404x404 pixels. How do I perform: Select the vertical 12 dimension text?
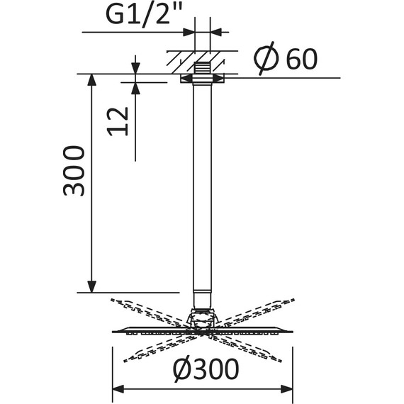(x=120, y=120)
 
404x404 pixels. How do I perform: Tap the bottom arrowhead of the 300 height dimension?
(x=91, y=286)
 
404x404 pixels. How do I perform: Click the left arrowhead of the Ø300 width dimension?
(x=118, y=388)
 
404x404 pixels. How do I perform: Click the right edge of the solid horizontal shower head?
(x=293, y=330)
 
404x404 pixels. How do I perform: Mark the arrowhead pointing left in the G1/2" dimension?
(x=216, y=31)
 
